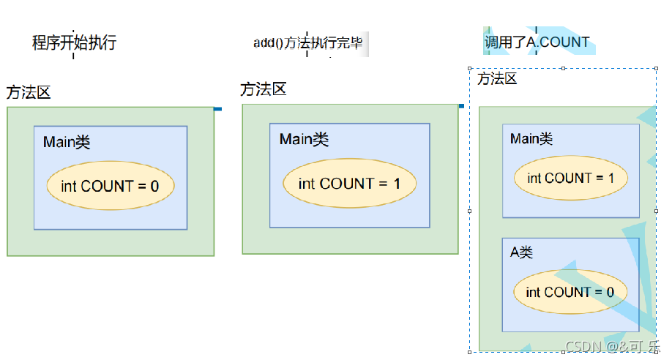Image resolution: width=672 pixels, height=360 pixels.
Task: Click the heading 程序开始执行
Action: tap(74, 42)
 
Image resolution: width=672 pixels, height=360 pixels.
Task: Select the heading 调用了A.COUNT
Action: tap(537, 42)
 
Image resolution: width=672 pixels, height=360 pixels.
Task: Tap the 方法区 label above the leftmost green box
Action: tap(29, 92)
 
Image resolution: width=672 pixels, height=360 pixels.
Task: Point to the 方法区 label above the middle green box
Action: tap(263, 89)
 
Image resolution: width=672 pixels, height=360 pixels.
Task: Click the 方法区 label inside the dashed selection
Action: tap(497, 79)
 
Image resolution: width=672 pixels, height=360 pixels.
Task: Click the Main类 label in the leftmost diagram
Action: tap(67, 142)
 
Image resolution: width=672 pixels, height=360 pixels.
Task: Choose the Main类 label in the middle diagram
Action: tap(304, 139)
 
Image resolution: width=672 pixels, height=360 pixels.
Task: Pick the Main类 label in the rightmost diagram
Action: tap(531, 138)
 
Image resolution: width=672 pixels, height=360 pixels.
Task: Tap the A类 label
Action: tap(521, 252)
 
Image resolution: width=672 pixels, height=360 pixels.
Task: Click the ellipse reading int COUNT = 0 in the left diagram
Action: tap(110, 186)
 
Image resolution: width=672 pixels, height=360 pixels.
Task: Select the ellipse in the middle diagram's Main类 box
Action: tap(349, 183)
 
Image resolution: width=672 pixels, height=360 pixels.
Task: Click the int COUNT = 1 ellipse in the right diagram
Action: tap(570, 178)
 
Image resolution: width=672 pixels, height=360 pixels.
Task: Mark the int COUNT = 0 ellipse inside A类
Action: tap(570, 293)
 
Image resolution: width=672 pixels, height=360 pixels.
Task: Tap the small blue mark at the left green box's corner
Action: tap(217, 109)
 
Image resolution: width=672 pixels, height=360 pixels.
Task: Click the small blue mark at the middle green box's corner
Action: tap(461, 106)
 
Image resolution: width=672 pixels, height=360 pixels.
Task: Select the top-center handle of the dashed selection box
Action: tap(563, 68)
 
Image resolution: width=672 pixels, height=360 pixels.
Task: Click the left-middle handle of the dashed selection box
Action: tap(469, 211)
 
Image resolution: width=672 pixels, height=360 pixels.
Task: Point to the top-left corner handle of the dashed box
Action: tap(469, 68)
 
